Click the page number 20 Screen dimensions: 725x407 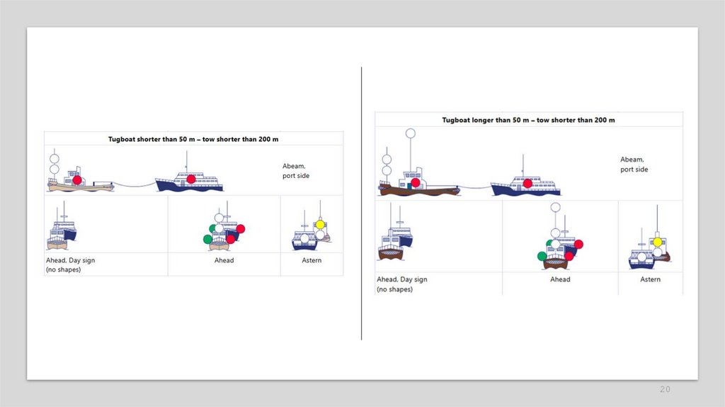(665, 389)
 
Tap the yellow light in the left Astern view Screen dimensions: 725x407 (320, 225)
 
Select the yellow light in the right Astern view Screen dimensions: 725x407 (658, 242)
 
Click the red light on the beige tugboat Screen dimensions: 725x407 (77, 179)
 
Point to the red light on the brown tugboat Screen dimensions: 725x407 (416, 183)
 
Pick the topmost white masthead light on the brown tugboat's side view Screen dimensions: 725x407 (410, 133)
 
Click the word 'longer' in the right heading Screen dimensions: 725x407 (485, 120)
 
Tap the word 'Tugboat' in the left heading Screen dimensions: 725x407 (121, 140)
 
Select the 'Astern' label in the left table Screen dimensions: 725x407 (312, 260)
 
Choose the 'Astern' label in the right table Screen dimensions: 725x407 (650, 279)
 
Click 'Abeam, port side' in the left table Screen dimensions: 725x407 (296, 171)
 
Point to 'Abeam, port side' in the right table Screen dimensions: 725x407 (634, 165)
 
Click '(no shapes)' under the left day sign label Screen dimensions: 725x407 (63, 269)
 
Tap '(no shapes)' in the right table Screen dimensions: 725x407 (394, 289)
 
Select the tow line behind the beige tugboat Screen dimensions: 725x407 (135, 185)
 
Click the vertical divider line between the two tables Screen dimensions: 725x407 (362, 203)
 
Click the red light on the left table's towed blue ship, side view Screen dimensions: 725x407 (191, 179)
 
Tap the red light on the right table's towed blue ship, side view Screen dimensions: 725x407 (527, 184)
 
